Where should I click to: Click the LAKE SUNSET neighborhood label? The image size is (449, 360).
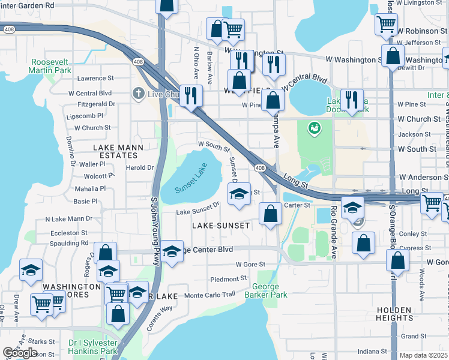point(220,225)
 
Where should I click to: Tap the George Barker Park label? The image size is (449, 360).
point(265,290)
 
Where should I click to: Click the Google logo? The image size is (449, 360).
point(20,353)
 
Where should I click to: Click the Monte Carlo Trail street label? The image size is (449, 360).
point(209,295)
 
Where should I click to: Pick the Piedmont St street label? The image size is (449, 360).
point(228,279)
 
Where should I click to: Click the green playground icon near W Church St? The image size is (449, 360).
point(313,128)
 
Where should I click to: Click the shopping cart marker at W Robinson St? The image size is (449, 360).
point(386,25)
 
